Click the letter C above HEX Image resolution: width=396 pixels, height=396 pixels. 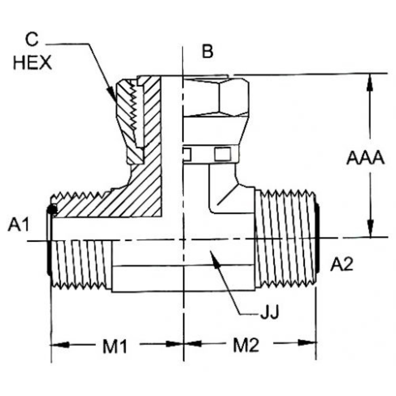tap(32, 40)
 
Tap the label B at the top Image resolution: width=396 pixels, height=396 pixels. tap(208, 52)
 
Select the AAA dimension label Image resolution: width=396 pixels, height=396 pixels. tap(365, 158)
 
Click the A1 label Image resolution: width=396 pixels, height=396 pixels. tap(18, 226)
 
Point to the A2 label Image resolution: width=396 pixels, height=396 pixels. tap(341, 264)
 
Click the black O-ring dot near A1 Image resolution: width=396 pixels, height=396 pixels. tap(52, 210)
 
